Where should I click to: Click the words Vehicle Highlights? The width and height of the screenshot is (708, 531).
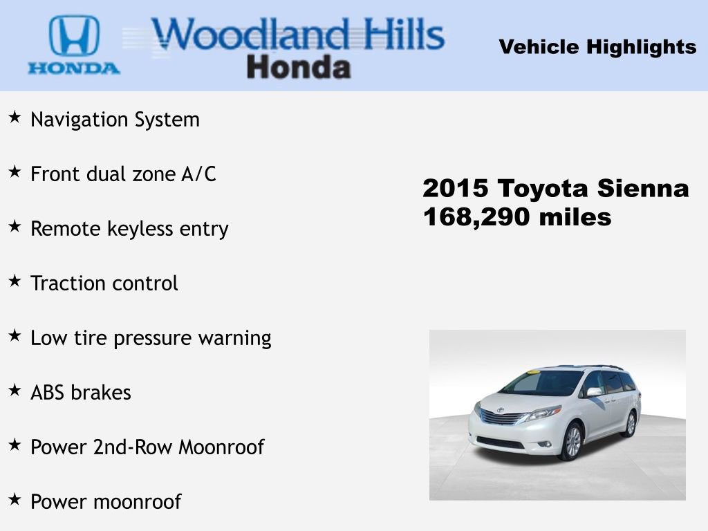click(597, 47)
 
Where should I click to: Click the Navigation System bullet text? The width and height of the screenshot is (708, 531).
click(115, 120)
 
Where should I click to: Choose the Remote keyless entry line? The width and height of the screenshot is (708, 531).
click(129, 229)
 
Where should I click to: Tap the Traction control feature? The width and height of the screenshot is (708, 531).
click(104, 283)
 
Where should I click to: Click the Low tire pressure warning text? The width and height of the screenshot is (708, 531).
click(151, 338)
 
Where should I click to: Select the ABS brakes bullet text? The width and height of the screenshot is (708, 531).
click(81, 393)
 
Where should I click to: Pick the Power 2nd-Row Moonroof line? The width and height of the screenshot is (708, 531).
click(147, 447)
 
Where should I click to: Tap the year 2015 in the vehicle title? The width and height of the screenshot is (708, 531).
click(456, 188)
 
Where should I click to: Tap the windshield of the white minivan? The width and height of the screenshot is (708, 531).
click(543, 383)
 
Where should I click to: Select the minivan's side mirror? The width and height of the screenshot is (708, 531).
click(594, 392)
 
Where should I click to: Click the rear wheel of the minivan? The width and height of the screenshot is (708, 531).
click(629, 424)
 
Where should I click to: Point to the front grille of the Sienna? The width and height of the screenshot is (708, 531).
click(503, 417)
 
